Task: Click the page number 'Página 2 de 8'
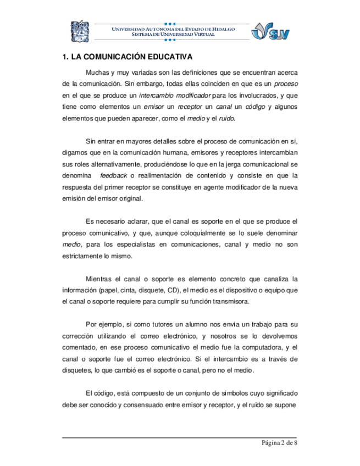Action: click(279, 444)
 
